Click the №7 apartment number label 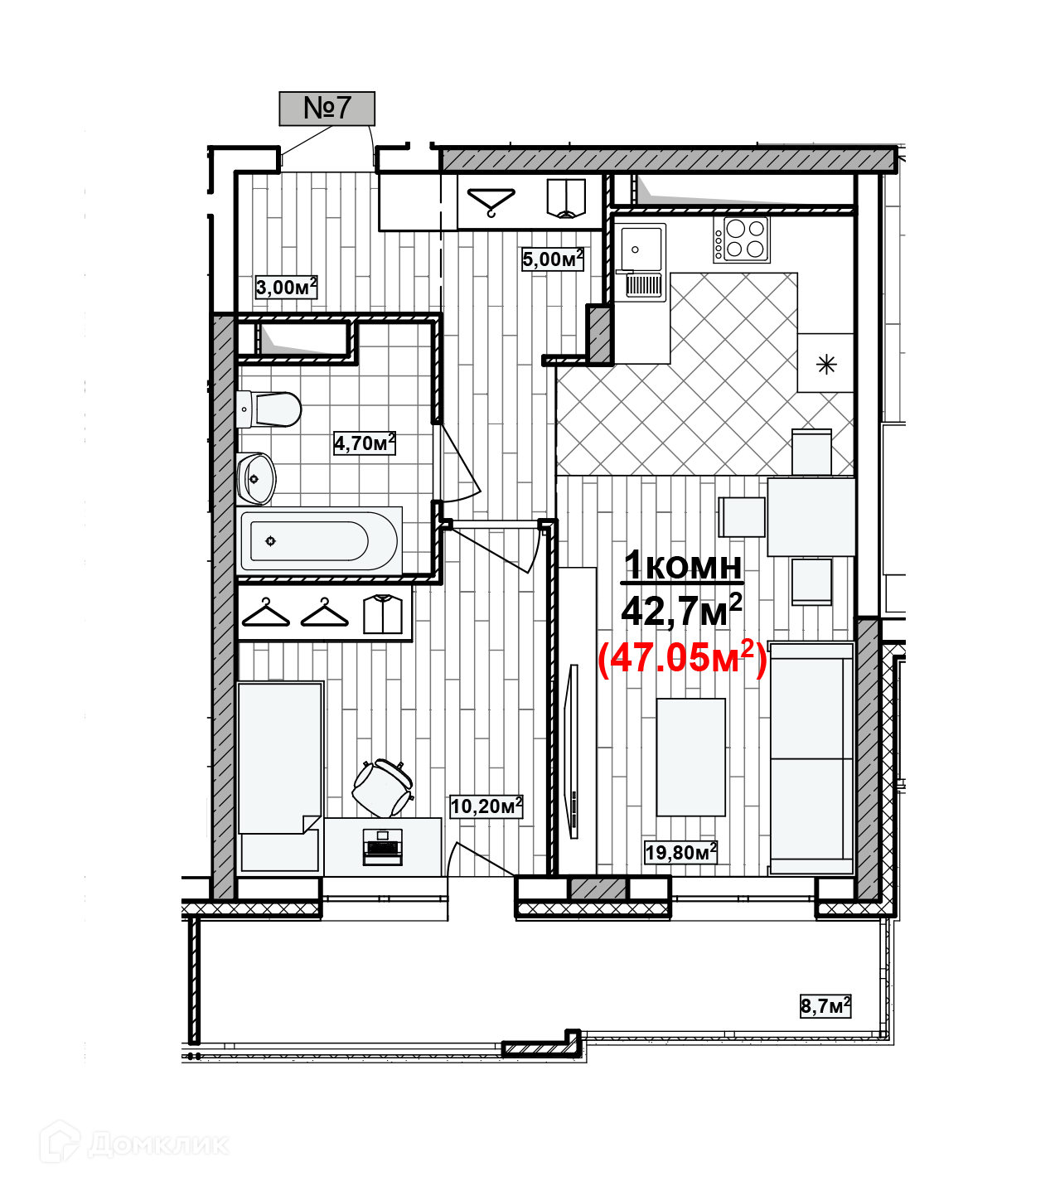(327, 108)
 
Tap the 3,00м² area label (286, 288)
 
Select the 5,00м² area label (552, 259)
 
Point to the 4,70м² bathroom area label (364, 443)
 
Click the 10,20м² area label (486, 806)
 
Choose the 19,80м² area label (680, 852)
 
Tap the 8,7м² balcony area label (825, 1006)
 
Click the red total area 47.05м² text (682, 658)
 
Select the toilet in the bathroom (269, 409)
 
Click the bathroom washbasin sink (255, 478)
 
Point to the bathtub (319, 541)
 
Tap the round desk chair (382, 788)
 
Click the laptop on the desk (383, 847)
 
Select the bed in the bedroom (279, 775)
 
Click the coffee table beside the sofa (690, 757)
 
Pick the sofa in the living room (812, 758)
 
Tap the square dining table (811, 516)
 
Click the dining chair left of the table (743, 516)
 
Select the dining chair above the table (811, 453)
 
